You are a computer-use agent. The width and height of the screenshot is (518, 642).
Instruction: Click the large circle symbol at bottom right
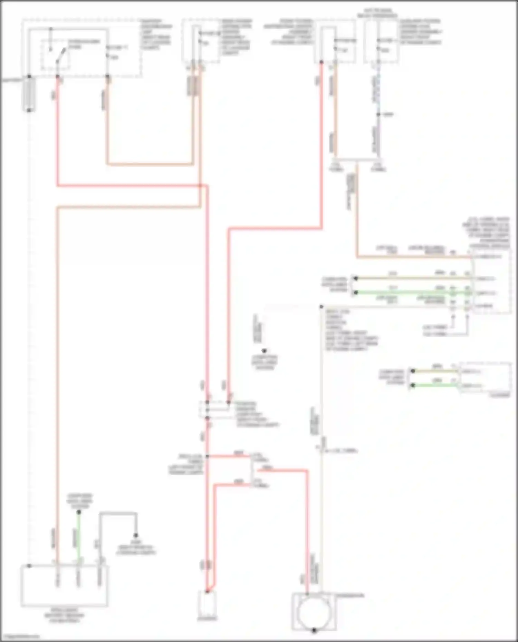click(314, 612)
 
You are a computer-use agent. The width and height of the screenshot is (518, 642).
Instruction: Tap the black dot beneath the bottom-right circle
click(314, 631)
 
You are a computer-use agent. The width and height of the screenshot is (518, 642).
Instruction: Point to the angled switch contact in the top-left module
click(62, 55)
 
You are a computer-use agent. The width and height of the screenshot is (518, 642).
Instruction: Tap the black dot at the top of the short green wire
click(79, 512)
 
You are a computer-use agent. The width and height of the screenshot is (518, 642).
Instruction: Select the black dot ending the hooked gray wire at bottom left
click(136, 536)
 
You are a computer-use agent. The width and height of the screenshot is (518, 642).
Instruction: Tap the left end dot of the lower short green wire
click(413, 385)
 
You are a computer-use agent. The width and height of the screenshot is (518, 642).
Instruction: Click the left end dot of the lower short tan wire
click(413, 371)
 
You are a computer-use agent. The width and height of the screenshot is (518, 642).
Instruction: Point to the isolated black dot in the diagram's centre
click(264, 351)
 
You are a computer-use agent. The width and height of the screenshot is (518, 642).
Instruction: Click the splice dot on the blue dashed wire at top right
click(378, 115)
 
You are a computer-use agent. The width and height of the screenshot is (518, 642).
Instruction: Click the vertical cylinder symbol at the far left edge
click(29, 94)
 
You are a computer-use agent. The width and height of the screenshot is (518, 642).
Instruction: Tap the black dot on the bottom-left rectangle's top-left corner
click(29, 566)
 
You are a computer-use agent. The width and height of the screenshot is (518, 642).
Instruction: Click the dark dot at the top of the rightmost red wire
click(322, 62)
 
